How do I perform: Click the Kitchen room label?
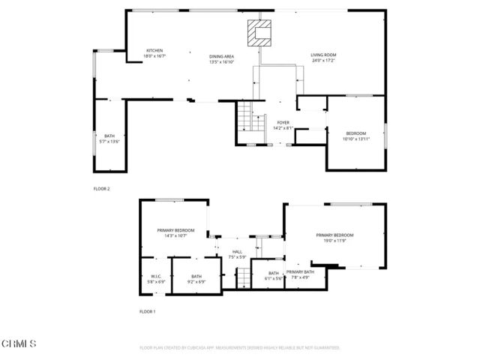coord(154,53)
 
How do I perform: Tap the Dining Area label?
coord(222,59)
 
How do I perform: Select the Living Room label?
coord(325,56)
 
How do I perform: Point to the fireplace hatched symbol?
coord(262,32)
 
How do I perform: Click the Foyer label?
coord(283,124)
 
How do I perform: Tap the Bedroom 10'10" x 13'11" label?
coord(356,136)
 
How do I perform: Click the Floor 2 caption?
coord(101,189)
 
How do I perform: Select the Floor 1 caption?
coord(147,310)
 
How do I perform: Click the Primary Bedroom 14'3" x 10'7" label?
coord(175,232)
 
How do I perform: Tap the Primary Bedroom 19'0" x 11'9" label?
coord(334,238)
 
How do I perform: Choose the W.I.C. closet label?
coord(156,279)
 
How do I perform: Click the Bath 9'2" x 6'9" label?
coord(196,279)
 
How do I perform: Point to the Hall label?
coord(237,254)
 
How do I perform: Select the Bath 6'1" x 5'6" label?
coord(273,275)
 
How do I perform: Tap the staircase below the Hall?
coord(243,277)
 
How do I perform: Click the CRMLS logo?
coord(19,344)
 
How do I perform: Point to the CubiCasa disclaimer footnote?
coord(240,348)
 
